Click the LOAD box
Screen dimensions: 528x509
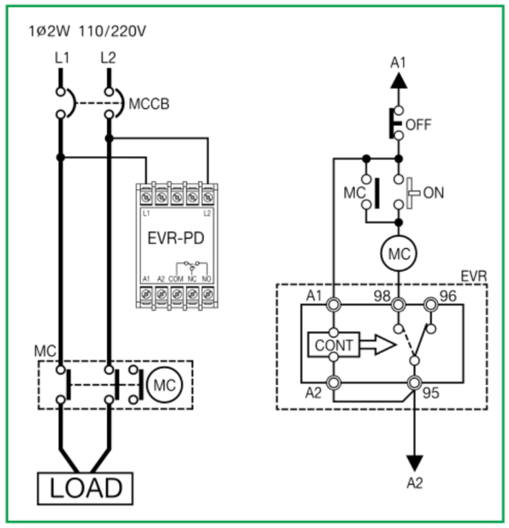click(85, 487)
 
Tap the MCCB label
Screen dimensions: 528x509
click(149, 103)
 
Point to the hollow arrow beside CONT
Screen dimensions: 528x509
click(376, 345)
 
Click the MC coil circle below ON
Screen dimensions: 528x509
click(398, 255)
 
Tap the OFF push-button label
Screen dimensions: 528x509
click(419, 124)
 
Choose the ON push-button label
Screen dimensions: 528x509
click(433, 193)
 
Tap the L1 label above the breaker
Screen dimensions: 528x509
click(63, 57)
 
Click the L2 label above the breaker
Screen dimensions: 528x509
click(108, 57)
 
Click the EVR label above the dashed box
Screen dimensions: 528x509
click(473, 277)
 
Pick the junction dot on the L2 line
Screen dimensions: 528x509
click(109, 139)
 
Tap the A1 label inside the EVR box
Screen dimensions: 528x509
click(315, 295)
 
